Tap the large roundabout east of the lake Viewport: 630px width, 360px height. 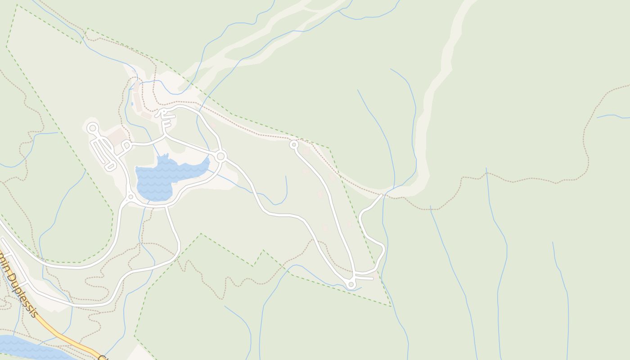click(220, 156)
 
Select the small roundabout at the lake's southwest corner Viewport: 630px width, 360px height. click(130, 197)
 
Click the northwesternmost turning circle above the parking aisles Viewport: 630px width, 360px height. click(93, 128)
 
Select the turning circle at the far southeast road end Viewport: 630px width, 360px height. click(351, 284)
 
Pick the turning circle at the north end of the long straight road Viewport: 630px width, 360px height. click(294, 144)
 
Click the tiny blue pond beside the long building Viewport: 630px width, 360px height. click(132, 104)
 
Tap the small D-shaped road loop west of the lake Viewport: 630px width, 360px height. click(125, 145)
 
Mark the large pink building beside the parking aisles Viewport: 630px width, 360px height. click(117, 136)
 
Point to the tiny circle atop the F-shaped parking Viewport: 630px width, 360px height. click(164, 111)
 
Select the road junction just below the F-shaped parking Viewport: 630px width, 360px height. click(165, 134)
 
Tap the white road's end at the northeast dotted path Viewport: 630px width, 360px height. click(382, 195)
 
